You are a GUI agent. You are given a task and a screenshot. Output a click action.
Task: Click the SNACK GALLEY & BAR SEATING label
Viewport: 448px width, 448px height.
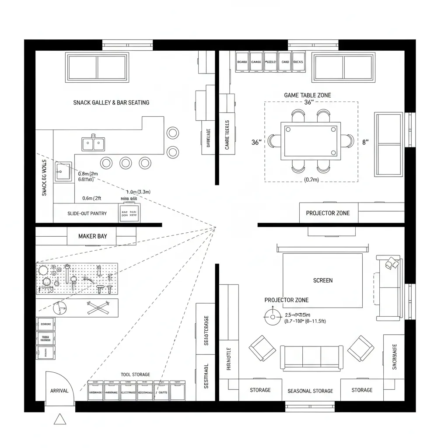click(111, 102)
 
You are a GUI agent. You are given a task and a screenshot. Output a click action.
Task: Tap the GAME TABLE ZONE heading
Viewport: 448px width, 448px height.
click(308, 95)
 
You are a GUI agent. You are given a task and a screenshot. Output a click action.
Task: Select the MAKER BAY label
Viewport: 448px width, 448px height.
click(92, 236)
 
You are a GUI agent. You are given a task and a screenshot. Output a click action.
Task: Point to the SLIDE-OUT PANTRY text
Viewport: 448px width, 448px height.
click(87, 213)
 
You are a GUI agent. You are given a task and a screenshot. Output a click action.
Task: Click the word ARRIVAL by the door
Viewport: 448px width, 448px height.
click(59, 391)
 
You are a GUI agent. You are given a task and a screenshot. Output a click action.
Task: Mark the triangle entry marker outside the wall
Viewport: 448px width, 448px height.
click(60, 420)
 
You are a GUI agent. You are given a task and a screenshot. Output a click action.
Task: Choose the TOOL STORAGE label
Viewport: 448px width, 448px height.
click(135, 374)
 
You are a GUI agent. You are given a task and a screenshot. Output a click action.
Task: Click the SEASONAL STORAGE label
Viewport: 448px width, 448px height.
click(310, 391)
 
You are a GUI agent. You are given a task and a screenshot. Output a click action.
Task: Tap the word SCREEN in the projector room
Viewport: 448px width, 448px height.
click(323, 280)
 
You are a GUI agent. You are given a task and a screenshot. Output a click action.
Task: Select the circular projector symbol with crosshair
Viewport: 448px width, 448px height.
click(273, 316)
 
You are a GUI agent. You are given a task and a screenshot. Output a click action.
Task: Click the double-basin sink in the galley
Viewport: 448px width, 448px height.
click(93, 143)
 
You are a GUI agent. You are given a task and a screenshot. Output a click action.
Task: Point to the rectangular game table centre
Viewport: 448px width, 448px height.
click(311, 140)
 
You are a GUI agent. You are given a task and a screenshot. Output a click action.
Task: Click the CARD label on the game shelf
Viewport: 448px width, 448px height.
click(285, 62)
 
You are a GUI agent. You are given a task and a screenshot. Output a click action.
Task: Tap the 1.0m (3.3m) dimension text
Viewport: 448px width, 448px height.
click(138, 192)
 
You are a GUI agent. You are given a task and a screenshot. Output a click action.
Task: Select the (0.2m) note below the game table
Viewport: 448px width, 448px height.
click(311, 179)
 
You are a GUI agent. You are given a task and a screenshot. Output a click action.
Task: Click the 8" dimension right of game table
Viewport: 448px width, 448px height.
click(366, 142)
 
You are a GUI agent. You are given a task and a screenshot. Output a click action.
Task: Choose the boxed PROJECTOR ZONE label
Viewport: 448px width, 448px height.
click(328, 213)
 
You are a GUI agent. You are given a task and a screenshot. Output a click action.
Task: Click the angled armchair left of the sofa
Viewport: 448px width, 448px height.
click(262, 348)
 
